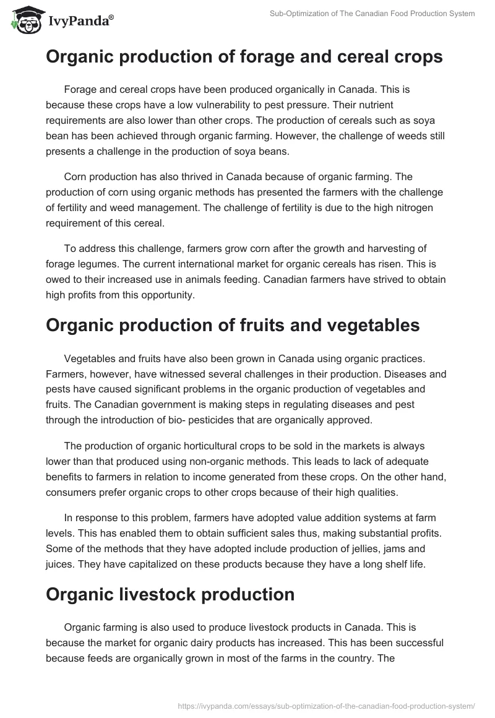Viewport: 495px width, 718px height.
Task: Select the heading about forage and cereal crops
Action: pyautogui.click(x=244, y=57)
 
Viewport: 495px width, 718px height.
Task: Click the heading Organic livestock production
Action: pyautogui.click(x=170, y=594)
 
